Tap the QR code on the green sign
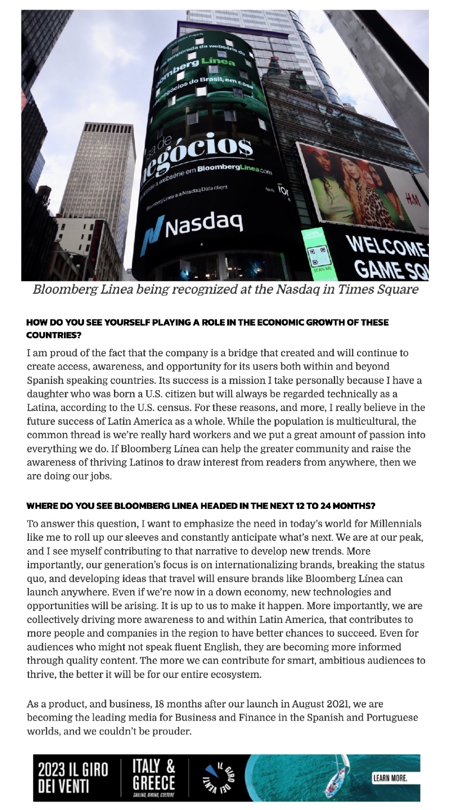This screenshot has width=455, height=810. click(319, 256)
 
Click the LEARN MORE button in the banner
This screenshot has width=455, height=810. click(390, 778)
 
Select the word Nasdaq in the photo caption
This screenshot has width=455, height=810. click(298, 290)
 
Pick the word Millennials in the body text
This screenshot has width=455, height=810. click(395, 524)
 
